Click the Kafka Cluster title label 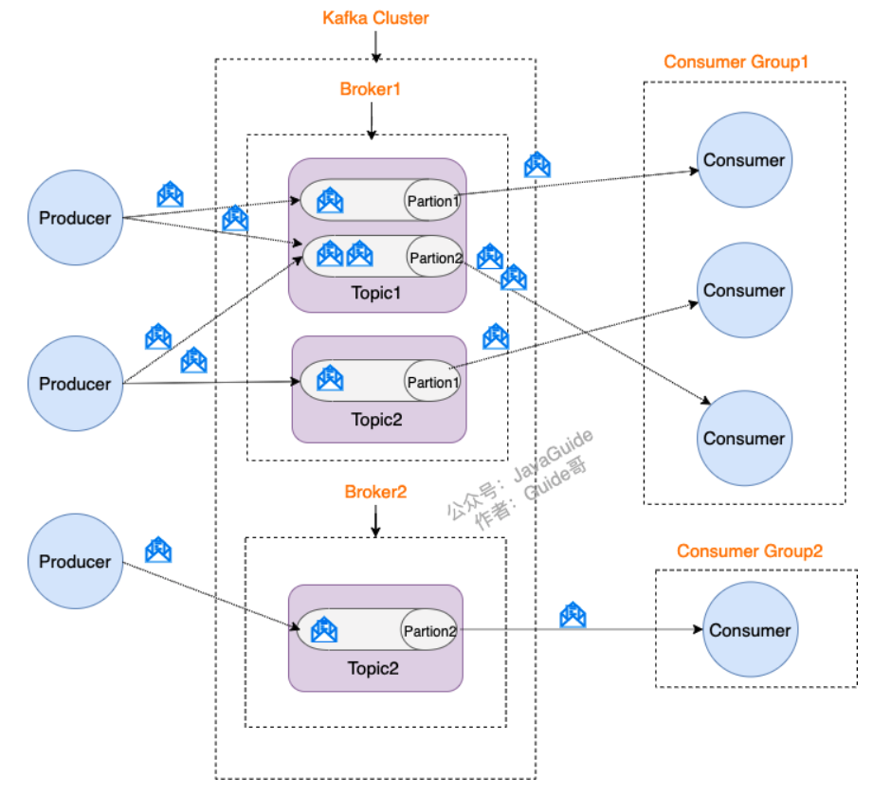click(374, 18)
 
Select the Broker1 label click(371, 90)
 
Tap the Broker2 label click(375, 492)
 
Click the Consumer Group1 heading click(736, 63)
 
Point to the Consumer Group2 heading click(749, 551)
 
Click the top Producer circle click(75, 218)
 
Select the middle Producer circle click(75, 384)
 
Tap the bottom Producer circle click(75, 562)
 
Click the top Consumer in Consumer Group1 click(744, 160)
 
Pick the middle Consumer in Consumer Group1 click(744, 291)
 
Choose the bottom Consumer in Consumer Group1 click(744, 439)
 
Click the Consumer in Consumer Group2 click(750, 630)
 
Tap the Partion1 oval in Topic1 click(432, 201)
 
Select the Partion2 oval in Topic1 click(435, 257)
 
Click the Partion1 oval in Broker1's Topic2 click(432, 382)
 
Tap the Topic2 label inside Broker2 click(373, 668)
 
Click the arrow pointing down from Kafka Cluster click(376, 45)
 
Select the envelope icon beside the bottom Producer click(158, 550)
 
